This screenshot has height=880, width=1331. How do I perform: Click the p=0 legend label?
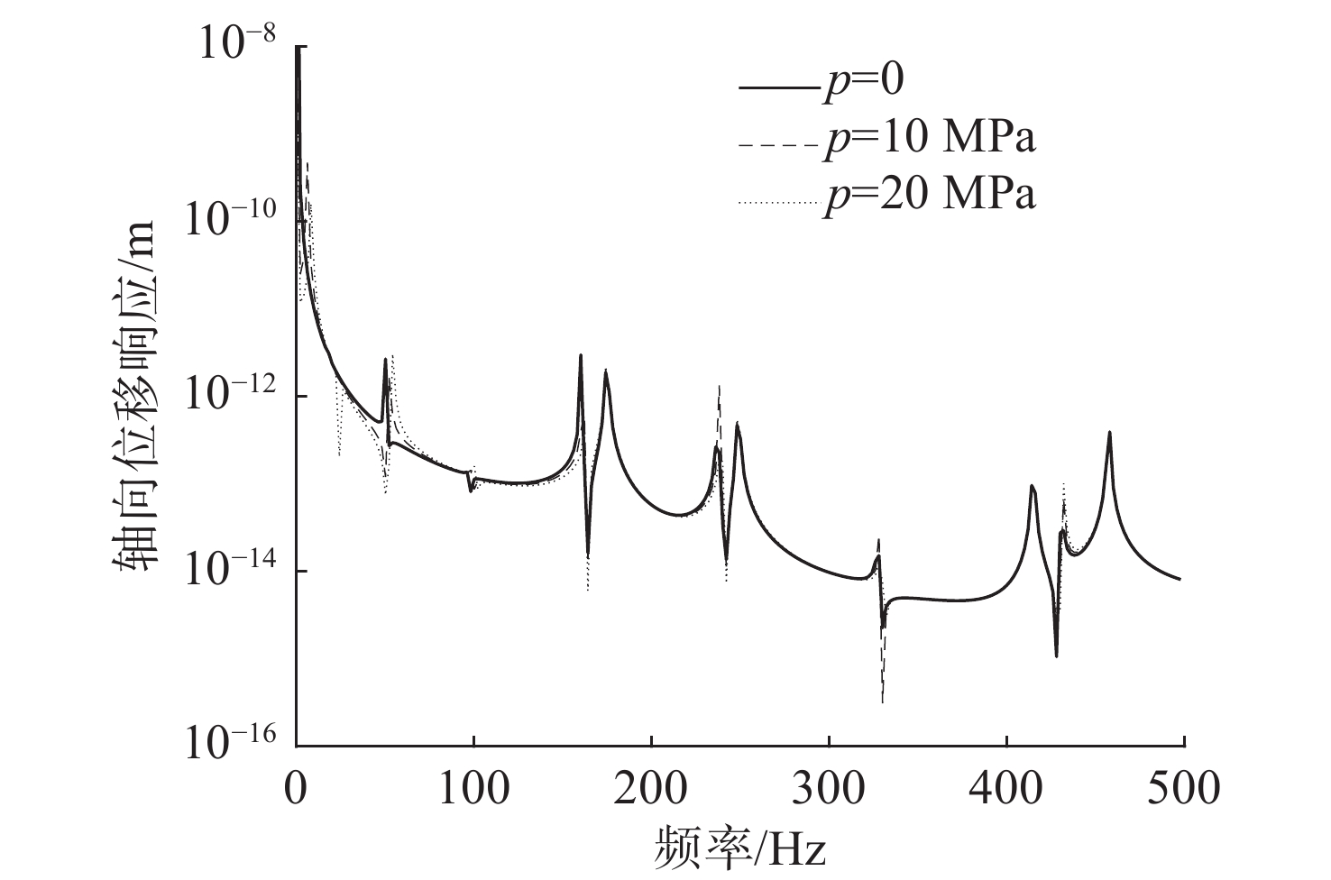coord(862,81)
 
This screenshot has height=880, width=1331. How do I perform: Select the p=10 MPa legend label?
coord(929,138)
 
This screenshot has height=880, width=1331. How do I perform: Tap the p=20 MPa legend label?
coord(929,195)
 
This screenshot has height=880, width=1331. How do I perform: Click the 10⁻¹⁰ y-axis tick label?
coord(233,220)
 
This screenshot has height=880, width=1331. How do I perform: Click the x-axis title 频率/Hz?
coord(739,848)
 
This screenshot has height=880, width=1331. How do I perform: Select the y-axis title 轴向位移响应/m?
coord(134,397)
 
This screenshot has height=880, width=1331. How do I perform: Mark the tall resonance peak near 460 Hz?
coord(1109,433)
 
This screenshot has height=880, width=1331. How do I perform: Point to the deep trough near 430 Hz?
coord(1056,655)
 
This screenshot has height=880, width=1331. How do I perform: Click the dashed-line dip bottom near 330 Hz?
coord(882,701)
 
